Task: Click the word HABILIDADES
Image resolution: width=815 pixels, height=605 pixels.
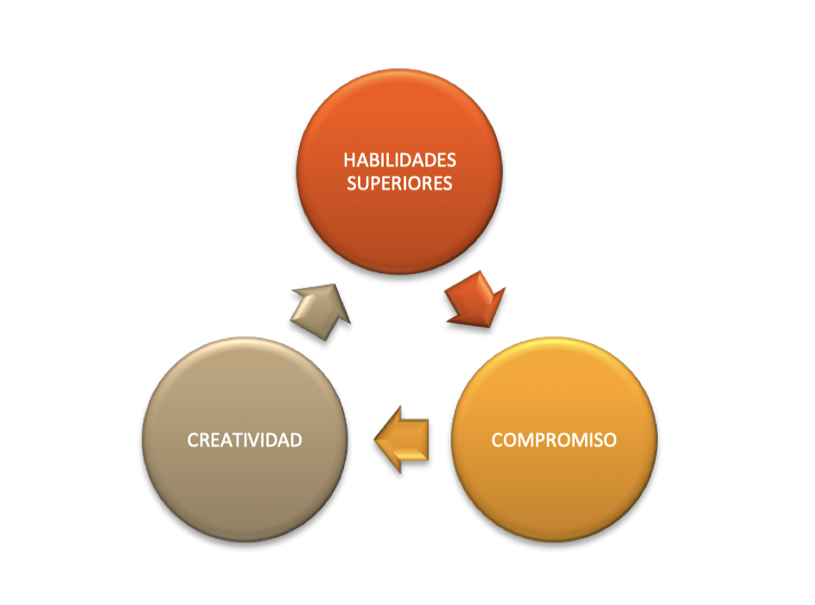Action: point(399,161)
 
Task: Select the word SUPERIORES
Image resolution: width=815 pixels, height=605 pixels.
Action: point(399,183)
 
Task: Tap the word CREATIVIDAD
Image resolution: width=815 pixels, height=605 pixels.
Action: point(245,440)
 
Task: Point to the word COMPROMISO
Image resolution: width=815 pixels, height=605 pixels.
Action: point(554,440)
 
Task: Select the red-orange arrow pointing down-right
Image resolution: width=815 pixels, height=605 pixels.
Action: point(474,299)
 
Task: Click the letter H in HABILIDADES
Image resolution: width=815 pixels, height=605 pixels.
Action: point(349,161)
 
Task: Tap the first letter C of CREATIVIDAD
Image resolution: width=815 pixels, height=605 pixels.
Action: point(193,440)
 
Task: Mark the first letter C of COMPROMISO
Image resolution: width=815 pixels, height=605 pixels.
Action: point(497,440)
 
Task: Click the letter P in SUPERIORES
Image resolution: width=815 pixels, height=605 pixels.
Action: point(381,183)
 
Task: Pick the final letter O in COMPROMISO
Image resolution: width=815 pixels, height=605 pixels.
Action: point(610,440)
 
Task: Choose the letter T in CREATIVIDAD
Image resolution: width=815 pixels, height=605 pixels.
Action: point(232,440)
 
